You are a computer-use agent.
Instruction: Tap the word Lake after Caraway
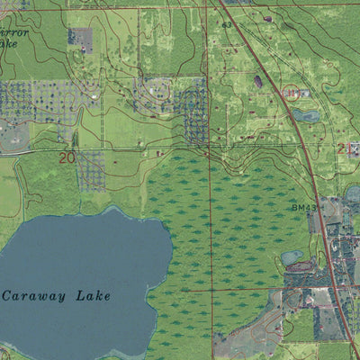pyautogui.click(x=87, y=295)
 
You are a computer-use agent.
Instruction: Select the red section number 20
pyautogui.click(x=67, y=157)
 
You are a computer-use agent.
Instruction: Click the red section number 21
pyautogui.click(x=342, y=148)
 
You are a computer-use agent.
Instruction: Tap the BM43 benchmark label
pyautogui.click(x=302, y=207)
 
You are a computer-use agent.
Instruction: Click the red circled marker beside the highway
pyautogui.click(x=290, y=92)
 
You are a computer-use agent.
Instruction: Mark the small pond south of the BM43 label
pyautogui.click(x=291, y=257)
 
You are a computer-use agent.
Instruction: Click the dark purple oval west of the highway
pyautogui.click(x=258, y=81)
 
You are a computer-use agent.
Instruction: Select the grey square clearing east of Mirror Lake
pyautogui.click(x=80, y=39)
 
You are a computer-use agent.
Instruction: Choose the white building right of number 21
pyautogui.click(x=354, y=148)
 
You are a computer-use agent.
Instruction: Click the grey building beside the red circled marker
pyautogui.click(x=302, y=93)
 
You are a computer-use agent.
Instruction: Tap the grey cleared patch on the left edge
pyautogui.click(x=13, y=135)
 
